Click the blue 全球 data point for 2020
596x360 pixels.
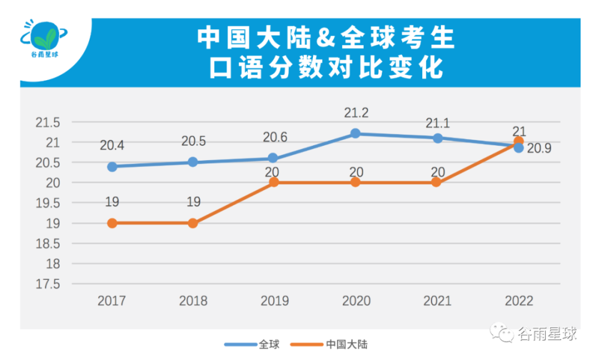(355, 133)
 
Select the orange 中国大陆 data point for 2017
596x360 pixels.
(112, 223)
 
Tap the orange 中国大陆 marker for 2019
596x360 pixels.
(274, 182)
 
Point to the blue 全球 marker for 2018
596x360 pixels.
(193, 162)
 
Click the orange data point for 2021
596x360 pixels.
(436, 182)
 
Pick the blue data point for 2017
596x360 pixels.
(112, 166)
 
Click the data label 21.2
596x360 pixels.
(356, 113)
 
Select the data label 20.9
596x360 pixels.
(540, 149)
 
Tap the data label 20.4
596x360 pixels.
(112, 146)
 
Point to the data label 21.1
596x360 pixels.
(438, 123)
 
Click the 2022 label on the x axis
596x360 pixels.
(518, 301)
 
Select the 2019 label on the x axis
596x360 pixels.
(274, 301)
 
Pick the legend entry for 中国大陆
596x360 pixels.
(338, 344)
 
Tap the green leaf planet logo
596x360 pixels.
(45, 38)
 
